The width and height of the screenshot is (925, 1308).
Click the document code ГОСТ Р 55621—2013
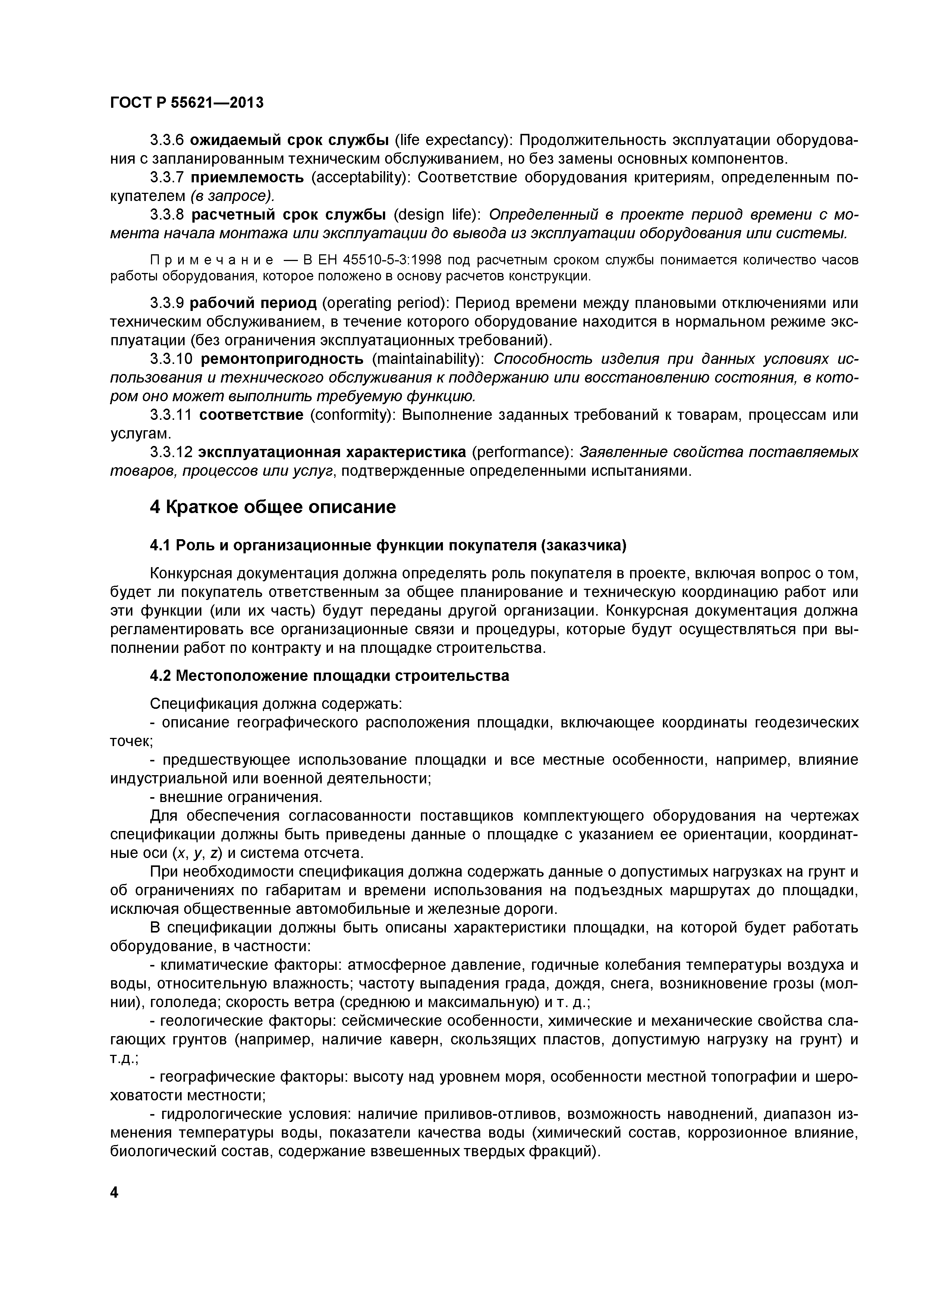186,103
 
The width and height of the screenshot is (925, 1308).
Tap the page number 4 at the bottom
114,1192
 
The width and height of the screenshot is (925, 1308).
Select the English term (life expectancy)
451,140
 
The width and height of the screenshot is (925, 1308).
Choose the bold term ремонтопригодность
282,359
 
